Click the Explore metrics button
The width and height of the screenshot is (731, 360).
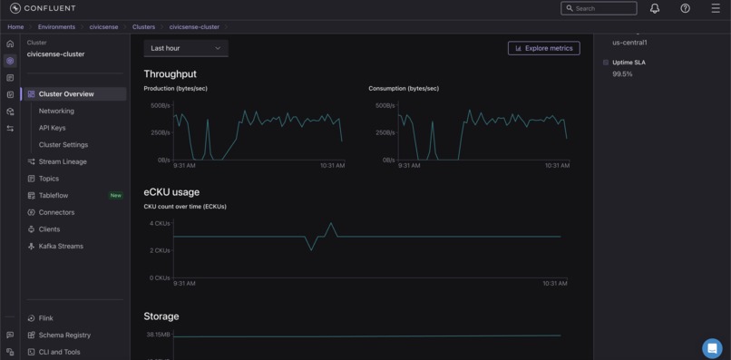point(544,48)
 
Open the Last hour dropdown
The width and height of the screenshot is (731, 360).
point(186,48)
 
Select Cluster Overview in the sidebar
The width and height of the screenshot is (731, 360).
point(66,94)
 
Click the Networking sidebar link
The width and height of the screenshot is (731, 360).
point(56,111)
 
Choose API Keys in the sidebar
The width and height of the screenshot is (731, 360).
point(52,128)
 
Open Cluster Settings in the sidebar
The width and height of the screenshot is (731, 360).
point(63,145)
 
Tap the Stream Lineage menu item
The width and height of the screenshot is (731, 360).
point(63,161)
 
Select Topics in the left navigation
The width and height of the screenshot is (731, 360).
point(49,179)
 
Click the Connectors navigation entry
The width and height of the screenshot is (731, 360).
point(56,212)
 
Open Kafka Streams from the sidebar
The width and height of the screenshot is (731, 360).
point(61,247)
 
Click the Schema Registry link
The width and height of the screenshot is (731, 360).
point(64,336)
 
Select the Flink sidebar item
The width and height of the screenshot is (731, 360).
point(45,318)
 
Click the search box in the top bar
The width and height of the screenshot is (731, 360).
point(599,8)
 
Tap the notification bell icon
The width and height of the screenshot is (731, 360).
point(655,8)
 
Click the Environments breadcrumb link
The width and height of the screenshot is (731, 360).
point(56,27)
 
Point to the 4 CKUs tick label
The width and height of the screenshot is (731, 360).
point(160,223)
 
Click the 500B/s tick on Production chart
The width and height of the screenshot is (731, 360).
point(160,105)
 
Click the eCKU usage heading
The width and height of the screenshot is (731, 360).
point(171,192)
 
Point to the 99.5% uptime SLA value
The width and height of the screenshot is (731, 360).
point(622,74)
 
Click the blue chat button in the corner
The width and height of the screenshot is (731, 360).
point(712,348)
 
